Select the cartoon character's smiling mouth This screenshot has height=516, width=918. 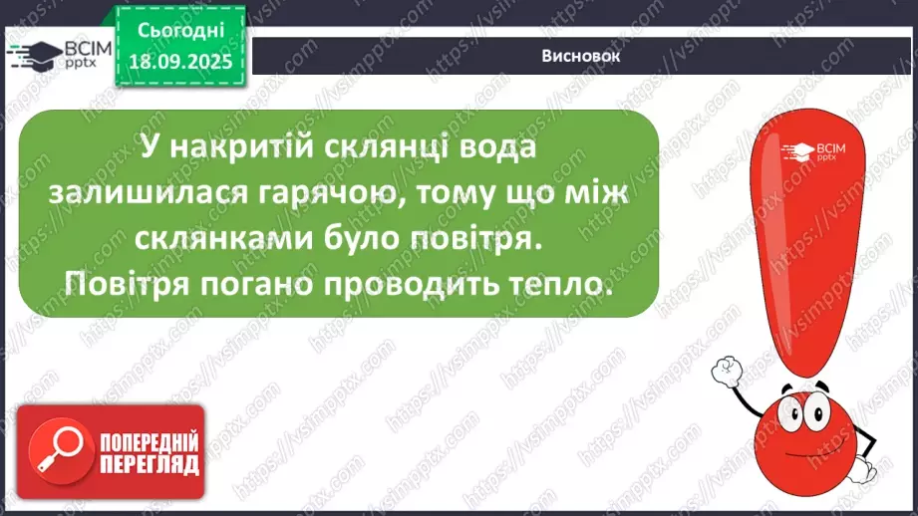tap(812, 441)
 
